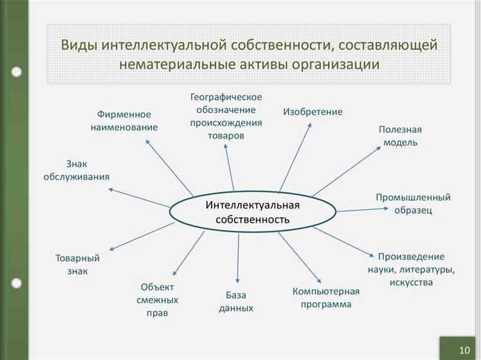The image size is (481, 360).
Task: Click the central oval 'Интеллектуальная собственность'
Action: click(253, 212)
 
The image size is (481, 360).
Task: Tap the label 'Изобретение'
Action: click(313, 112)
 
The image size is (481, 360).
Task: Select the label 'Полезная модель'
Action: click(400, 136)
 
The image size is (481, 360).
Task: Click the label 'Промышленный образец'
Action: click(412, 203)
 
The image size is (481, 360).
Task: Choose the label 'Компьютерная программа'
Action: click(326, 298)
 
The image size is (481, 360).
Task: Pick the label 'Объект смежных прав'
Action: click(157, 300)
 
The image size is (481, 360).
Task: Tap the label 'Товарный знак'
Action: click(77, 264)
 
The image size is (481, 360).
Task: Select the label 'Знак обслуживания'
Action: click(76, 170)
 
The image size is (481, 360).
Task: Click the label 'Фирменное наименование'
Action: click(124, 121)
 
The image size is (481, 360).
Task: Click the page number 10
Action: click(464, 350)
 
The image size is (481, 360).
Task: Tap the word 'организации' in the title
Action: click(338, 64)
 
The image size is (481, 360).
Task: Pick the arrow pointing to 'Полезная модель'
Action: click(347, 171)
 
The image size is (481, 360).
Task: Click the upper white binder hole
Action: click(17, 73)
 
